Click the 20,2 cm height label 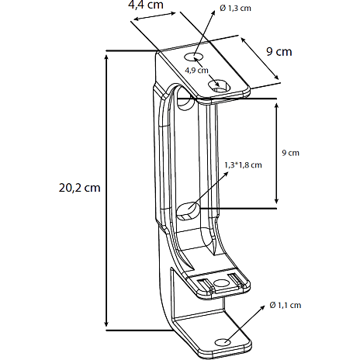(x=79, y=188)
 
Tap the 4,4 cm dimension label (x=146, y=5)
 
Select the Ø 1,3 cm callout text (x=235, y=9)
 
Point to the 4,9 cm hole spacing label (x=196, y=70)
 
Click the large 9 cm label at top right (x=279, y=52)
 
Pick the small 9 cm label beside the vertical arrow (x=290, y=153)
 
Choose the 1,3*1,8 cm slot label (x=243, y=165)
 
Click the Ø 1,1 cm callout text (x=286, y=305)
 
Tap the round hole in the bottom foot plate (x=223, y=342)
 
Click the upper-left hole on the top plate (x=193, y=57)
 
